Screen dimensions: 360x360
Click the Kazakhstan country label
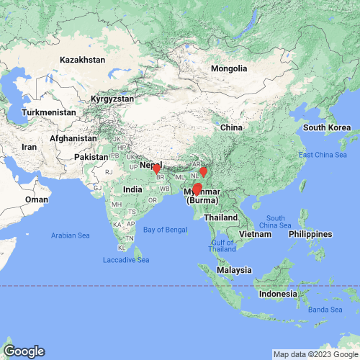pos(83,60)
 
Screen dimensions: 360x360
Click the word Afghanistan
pos(73,138)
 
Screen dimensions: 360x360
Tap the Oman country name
pos(37,199)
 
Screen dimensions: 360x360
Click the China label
pos(230,127)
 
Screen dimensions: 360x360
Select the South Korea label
pos(327,127)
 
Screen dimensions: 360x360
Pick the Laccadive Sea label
pos(126,259)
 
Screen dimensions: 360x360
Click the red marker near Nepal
pos(157,170)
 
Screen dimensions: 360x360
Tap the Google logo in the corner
pos(23,351)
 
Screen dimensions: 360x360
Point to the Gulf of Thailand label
pos(222,246)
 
